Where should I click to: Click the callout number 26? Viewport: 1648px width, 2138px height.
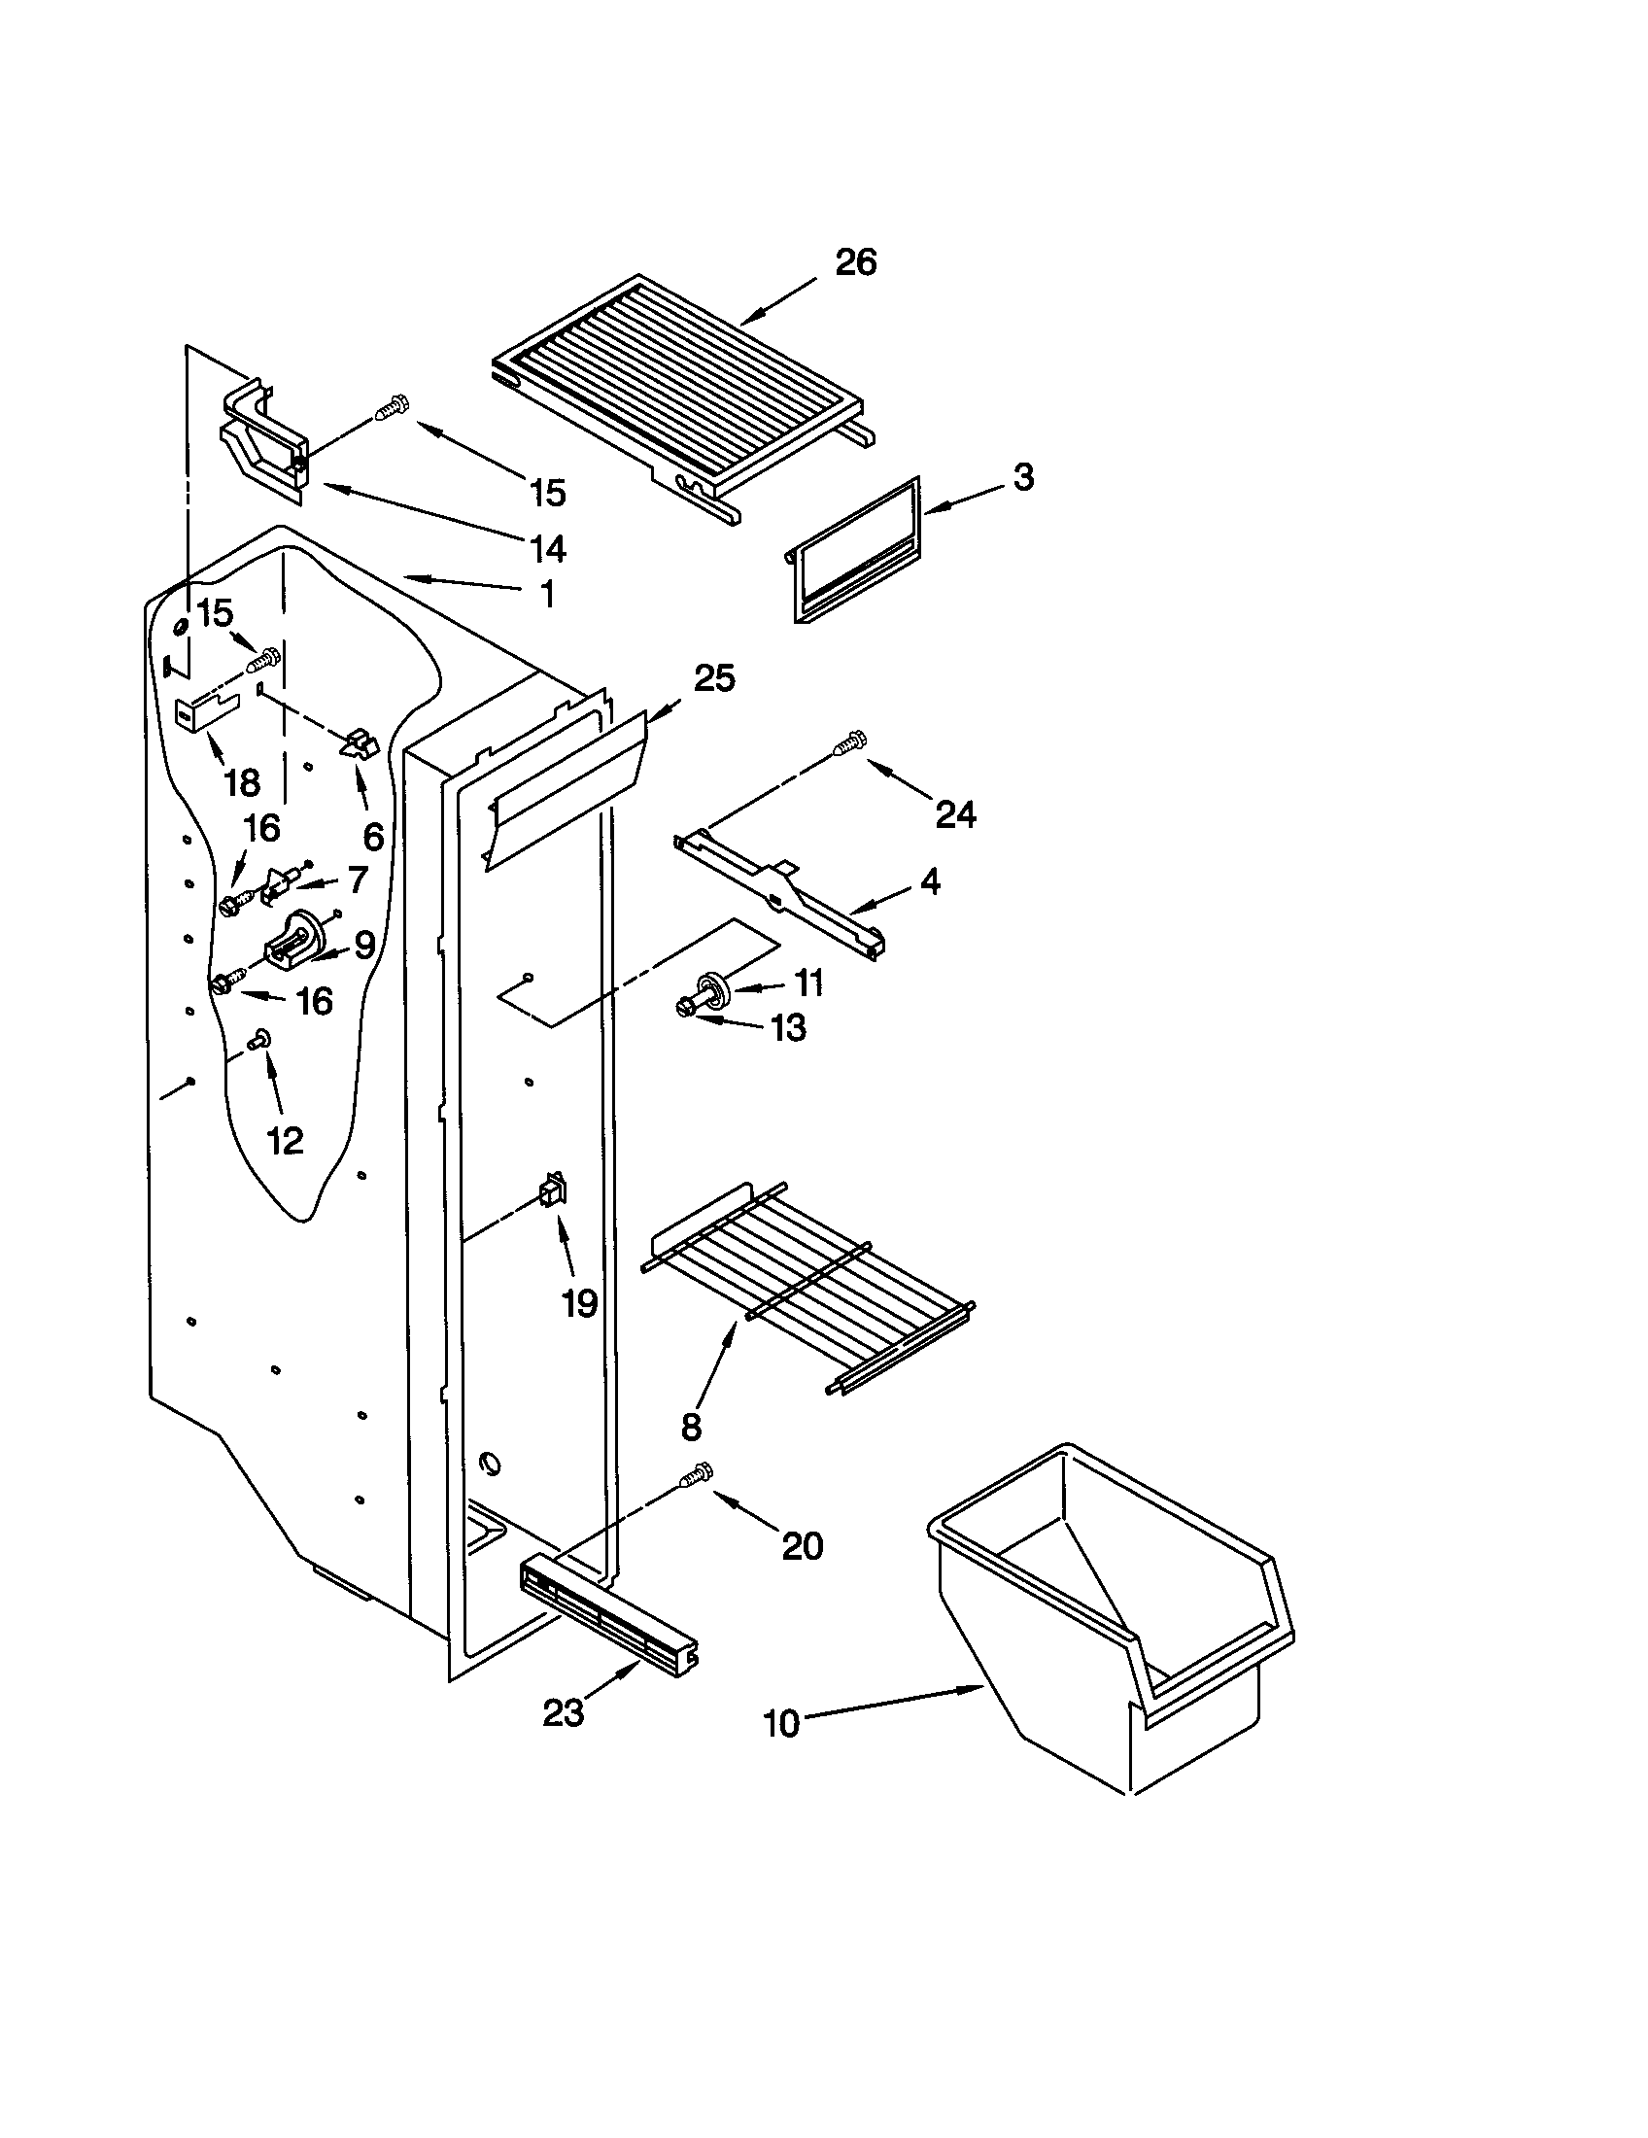855,263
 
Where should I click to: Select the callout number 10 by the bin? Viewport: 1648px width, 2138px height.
781,1724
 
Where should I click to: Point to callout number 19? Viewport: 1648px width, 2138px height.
579,1303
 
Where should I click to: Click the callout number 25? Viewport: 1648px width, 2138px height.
714,677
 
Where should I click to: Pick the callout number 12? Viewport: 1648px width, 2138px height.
286,1140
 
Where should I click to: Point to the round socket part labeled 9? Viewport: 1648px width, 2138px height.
298,941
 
